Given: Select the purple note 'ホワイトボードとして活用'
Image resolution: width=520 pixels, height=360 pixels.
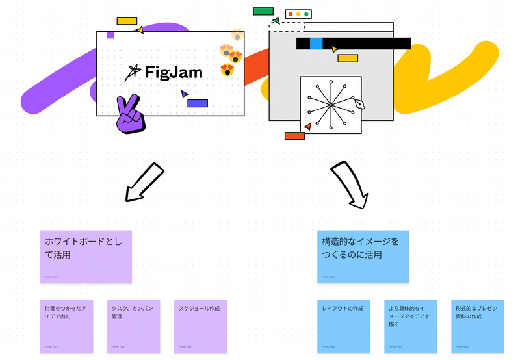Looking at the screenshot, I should [x=86, y=256].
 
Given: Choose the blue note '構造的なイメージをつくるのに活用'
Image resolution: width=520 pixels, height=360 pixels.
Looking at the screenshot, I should [x=363, y=256].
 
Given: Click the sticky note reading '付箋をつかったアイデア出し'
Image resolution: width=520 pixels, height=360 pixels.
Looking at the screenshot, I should [x=66, y=326].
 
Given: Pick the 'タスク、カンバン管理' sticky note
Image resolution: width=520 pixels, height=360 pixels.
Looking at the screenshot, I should [x=133, y=326].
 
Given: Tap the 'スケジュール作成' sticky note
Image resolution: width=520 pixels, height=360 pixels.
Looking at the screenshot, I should [x=200, y=326].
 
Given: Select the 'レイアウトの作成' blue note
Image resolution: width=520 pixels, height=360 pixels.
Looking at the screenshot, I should [x=344, y=326].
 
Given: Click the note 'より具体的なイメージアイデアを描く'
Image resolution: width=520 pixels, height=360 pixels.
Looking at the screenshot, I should [x=411, y=326].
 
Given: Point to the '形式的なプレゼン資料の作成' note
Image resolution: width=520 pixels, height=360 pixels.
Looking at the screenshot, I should [x=477, y=326].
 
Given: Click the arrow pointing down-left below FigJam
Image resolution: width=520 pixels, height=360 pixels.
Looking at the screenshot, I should [x=144, y=183].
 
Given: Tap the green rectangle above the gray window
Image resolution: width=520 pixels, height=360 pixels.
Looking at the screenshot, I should [x=263, y=11].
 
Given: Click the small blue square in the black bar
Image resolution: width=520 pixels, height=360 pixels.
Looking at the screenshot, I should [x=316, y=44].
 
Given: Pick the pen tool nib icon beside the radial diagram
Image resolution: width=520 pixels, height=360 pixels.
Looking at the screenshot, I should [x=358, y=105].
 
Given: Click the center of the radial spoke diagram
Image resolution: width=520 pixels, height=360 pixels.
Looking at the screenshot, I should [x=330, y=104].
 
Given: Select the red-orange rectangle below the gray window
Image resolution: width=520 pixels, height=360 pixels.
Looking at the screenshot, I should [x=294, y=136].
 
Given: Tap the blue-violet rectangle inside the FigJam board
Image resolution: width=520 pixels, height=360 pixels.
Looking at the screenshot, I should [x=198, y=103].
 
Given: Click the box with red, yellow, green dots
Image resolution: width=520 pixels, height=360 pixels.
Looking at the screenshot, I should [x=299, y=14].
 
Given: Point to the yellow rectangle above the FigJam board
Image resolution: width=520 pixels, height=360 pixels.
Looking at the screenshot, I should [x=127, y=21].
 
